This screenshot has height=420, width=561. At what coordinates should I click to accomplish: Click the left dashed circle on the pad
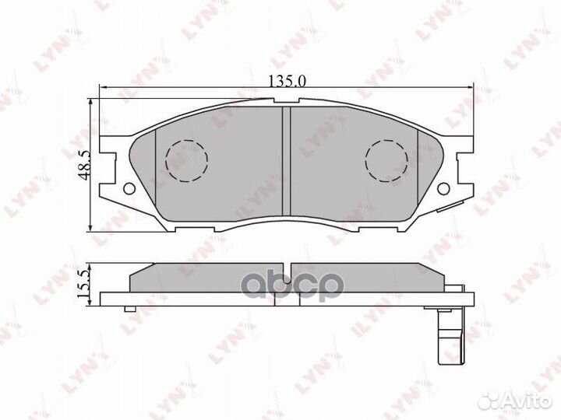(187, 160)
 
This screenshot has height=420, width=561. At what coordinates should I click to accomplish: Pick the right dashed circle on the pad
(387, 160)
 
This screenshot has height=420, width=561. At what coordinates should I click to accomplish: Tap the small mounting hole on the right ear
(443, 187)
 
